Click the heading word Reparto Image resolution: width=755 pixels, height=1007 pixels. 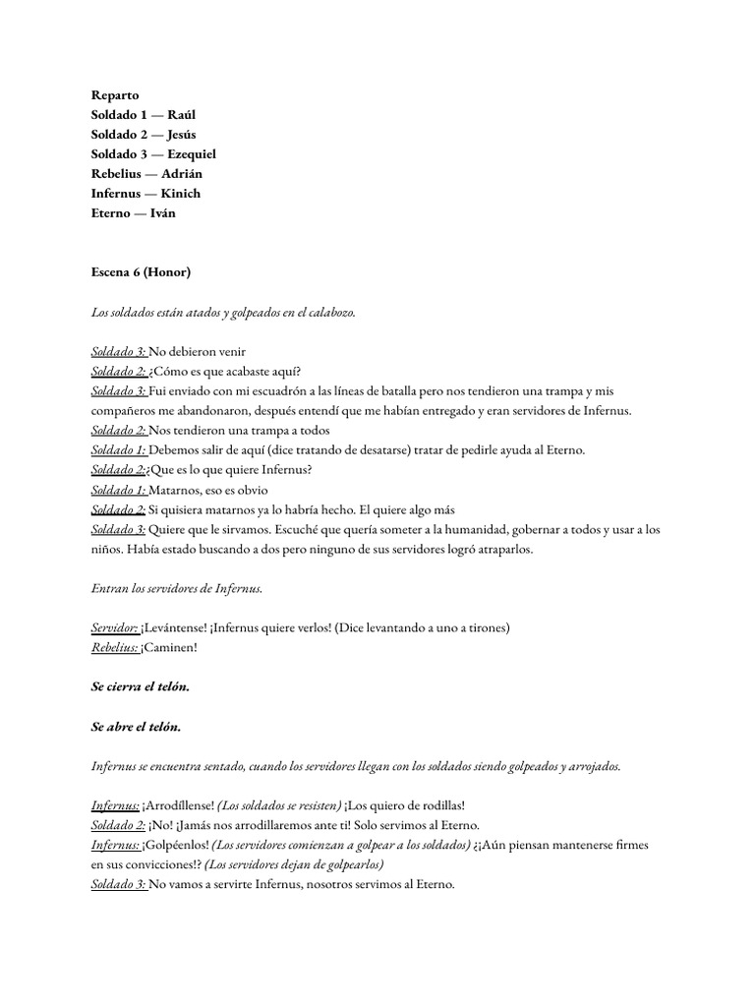pyautogui.click(x=115, y=95)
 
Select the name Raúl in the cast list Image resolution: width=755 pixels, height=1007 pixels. pyautogui.click(x=181, y=115)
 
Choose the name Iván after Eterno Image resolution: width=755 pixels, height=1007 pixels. pyautogui.click(x=163, y=213)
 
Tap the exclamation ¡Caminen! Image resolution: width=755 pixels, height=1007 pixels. pyautogui.click(x=169, y=648)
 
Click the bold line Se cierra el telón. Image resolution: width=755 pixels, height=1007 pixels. pyautogui.click(x=141, y=687)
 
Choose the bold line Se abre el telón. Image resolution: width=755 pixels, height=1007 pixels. pyautogui.click(x=137, y=727)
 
